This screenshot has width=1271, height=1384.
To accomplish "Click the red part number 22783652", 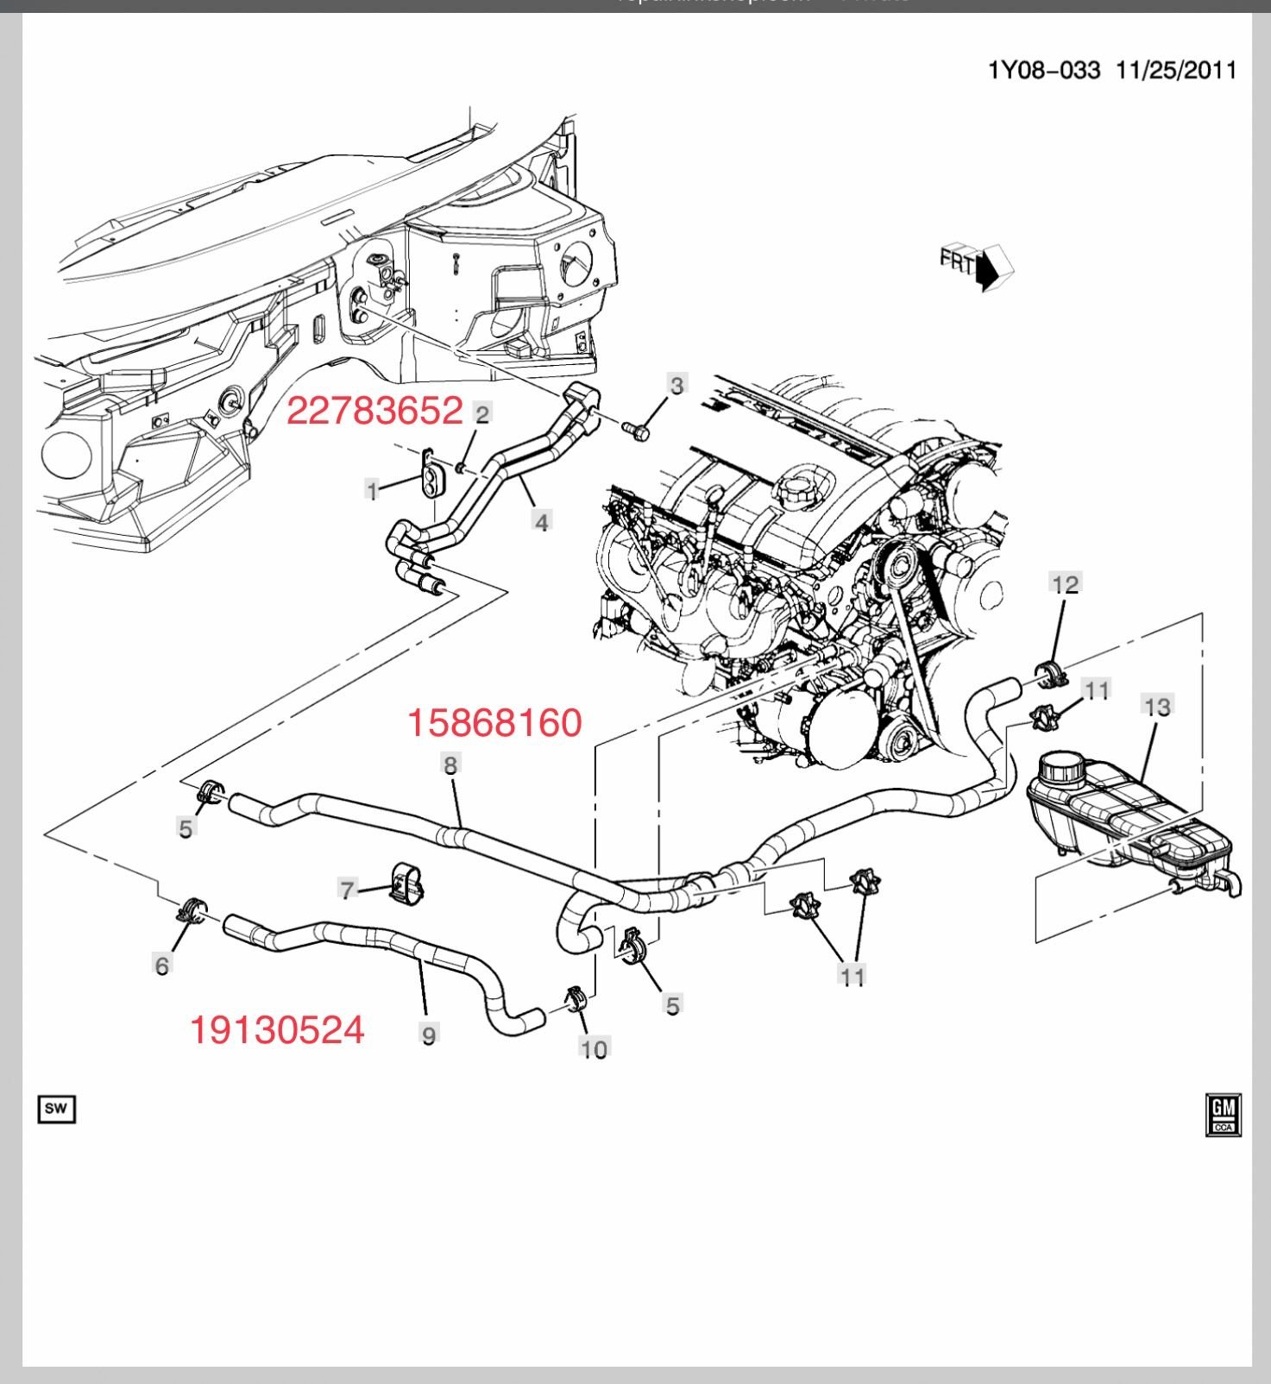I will click(374, 411).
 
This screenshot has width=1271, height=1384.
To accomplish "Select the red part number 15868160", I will click(494, 722).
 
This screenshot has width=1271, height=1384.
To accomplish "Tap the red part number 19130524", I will click(277, 1029).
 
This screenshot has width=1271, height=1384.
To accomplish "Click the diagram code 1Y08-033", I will click(1044, 70).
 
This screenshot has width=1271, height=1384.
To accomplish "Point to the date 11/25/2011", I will click(1176, 70).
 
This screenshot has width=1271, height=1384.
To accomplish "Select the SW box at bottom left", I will click(56, 1109).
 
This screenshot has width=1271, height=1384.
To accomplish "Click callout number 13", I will click(1157, 707).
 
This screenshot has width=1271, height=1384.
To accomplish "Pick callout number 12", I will click(1065, 584).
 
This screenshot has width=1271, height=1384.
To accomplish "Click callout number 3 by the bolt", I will click(676, 385).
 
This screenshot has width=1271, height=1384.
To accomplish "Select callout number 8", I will click(450, 764).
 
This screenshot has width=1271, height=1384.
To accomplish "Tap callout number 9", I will click(429, 1034).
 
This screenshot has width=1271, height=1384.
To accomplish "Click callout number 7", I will click(348, 890).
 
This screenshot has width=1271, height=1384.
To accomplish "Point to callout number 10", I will click(594, 1048).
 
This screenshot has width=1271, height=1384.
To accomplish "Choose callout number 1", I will click(373, 491).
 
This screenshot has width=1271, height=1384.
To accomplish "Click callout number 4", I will click(541, 521).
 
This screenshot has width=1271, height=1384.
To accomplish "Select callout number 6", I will click(161, 965).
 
